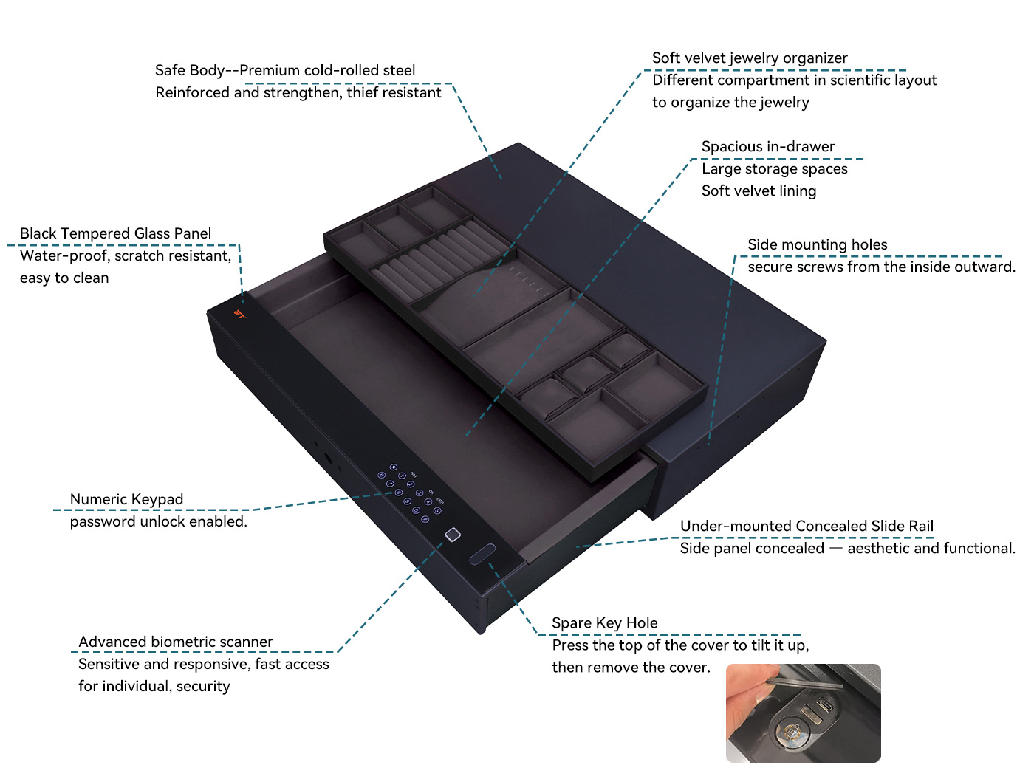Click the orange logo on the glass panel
point(240,314)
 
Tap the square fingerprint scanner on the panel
point(452,535)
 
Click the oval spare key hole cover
point(482,554)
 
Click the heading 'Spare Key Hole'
point(604,623)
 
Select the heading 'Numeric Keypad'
point(126,499)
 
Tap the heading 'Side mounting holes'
point(818,244)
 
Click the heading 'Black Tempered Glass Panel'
point(115,233)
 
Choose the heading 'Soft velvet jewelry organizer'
point(750,58)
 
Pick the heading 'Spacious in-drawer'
point(768,146)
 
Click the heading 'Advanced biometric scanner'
point(175,642)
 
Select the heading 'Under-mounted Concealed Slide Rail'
point(807,526)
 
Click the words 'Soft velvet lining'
point(759,191)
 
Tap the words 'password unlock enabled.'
point(158,521)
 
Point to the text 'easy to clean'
point(64,278)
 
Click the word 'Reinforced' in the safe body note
point(192,92)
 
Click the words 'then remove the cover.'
point(631,667)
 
